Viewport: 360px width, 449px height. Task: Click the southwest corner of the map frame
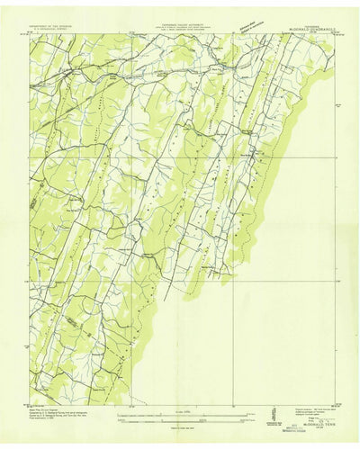(x=31, y=399)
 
